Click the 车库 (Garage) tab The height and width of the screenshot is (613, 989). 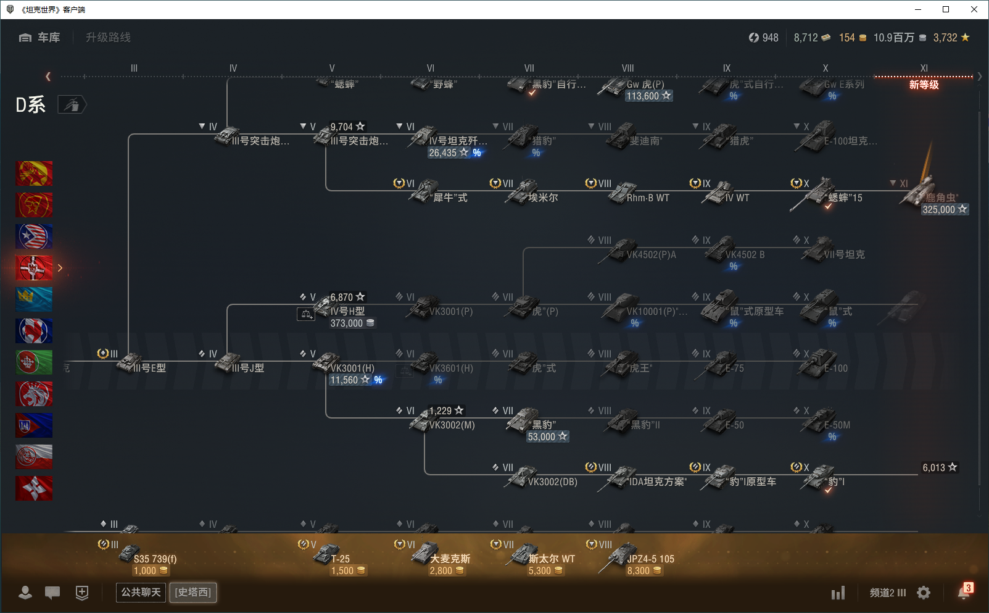pos(41,38)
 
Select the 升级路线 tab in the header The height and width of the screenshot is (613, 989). pos(108,38)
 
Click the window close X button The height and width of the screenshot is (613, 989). pos(974,9)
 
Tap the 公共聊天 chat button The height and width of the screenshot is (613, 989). pos(141,592)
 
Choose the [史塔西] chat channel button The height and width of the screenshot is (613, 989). pos(193,592)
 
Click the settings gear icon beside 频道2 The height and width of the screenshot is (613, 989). pos(924,593)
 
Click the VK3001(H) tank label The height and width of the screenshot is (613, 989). pos(352,368)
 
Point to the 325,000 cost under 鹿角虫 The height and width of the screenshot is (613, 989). pos(939,209)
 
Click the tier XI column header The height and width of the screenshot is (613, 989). pos(924,68)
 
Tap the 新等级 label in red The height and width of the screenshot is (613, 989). pos(924,85)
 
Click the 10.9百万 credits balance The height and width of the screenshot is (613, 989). pos(893,38)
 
